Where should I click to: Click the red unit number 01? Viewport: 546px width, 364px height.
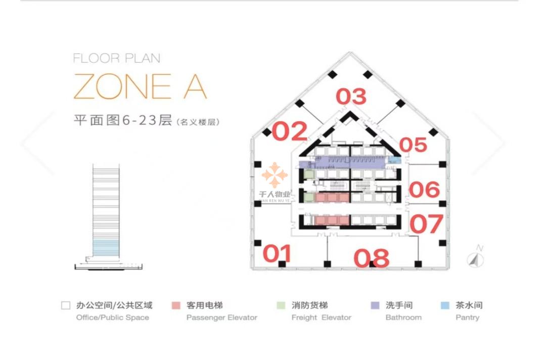click(278, 253)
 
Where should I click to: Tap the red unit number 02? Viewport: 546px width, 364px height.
click(290, 131)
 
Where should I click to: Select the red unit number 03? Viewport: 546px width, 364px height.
click(351, 97)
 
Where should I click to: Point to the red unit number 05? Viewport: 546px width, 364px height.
click(414, 145)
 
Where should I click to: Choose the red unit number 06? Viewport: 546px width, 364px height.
click(424, 190)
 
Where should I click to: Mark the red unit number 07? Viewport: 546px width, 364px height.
click(426, 224)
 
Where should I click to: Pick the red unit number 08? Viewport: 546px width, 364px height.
click(372, 258)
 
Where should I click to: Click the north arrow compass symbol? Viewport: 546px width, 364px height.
click(475, 259)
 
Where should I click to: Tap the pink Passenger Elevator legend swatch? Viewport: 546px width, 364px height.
click(176, 305)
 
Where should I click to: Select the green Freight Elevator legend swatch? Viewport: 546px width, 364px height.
click(281, 305)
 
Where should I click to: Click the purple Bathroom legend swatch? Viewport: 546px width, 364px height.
click(375, 305)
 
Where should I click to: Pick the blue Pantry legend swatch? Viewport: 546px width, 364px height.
click(445, 305)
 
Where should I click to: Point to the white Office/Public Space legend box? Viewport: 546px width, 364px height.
click(65, 305)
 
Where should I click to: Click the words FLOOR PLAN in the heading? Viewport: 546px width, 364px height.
click(117, 58)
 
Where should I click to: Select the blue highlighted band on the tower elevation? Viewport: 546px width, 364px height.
click(106, 248)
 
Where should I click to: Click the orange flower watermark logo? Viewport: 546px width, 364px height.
click(275, 175)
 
